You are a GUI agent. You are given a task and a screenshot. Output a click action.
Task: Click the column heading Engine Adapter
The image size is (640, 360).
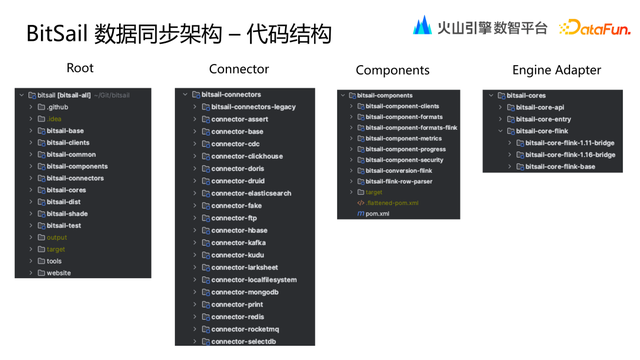click(557, 70)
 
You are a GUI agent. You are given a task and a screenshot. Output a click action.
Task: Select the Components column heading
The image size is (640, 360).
click(392, 71)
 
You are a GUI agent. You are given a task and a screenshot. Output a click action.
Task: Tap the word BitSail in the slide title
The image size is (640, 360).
click(56, 35)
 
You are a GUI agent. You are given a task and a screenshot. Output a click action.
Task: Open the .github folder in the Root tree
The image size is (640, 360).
click(57, 107)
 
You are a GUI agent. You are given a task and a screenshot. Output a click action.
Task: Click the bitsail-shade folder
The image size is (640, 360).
click(67, 214)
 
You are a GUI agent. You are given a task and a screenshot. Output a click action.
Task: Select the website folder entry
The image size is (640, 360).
click(59, 273)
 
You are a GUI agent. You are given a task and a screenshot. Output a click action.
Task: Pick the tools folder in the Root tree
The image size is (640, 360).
click(54, 261)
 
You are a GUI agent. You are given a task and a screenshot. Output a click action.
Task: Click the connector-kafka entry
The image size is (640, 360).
click(238, 242)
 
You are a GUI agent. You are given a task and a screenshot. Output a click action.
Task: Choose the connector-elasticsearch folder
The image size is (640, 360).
click(251, 193)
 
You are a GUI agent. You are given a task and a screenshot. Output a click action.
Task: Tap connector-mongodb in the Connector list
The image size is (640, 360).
click(245, 292)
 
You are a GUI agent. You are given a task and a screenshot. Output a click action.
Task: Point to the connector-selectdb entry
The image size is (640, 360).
click(244, 341)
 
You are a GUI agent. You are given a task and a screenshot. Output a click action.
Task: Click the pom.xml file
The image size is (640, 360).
click(378, 213)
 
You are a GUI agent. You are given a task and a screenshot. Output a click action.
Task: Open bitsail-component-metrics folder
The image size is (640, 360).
click(404, 138)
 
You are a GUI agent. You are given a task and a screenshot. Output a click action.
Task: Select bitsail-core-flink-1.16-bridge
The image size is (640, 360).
click(570, 155)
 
